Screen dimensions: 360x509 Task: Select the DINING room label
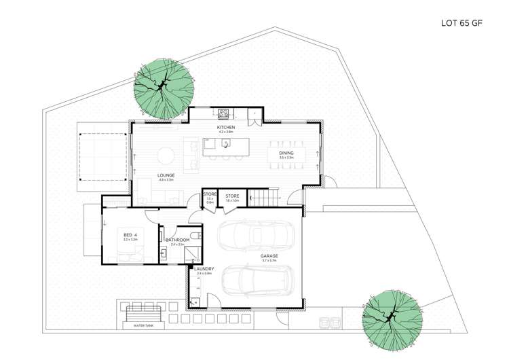click(286, 154)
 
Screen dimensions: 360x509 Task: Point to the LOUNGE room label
click(167, 175)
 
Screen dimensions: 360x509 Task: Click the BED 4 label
click(130, 235)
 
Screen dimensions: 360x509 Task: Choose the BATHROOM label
click(177, 240)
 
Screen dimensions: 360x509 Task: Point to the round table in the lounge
click(167, 155)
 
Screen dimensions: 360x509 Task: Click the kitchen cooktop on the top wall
click(224, 113)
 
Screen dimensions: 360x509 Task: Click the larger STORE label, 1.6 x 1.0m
click(232, 197)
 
